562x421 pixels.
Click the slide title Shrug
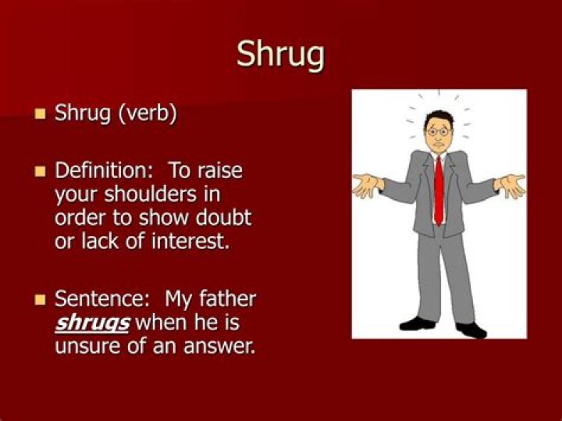(280, 54)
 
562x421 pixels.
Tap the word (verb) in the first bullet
(148, 113)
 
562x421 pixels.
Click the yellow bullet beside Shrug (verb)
(41, 114)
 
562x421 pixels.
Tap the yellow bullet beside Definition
(41, 171)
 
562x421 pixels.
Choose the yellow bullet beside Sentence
(41, 299)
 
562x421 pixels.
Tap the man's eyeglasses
(438, 131)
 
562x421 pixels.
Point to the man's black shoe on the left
(417, 323)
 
